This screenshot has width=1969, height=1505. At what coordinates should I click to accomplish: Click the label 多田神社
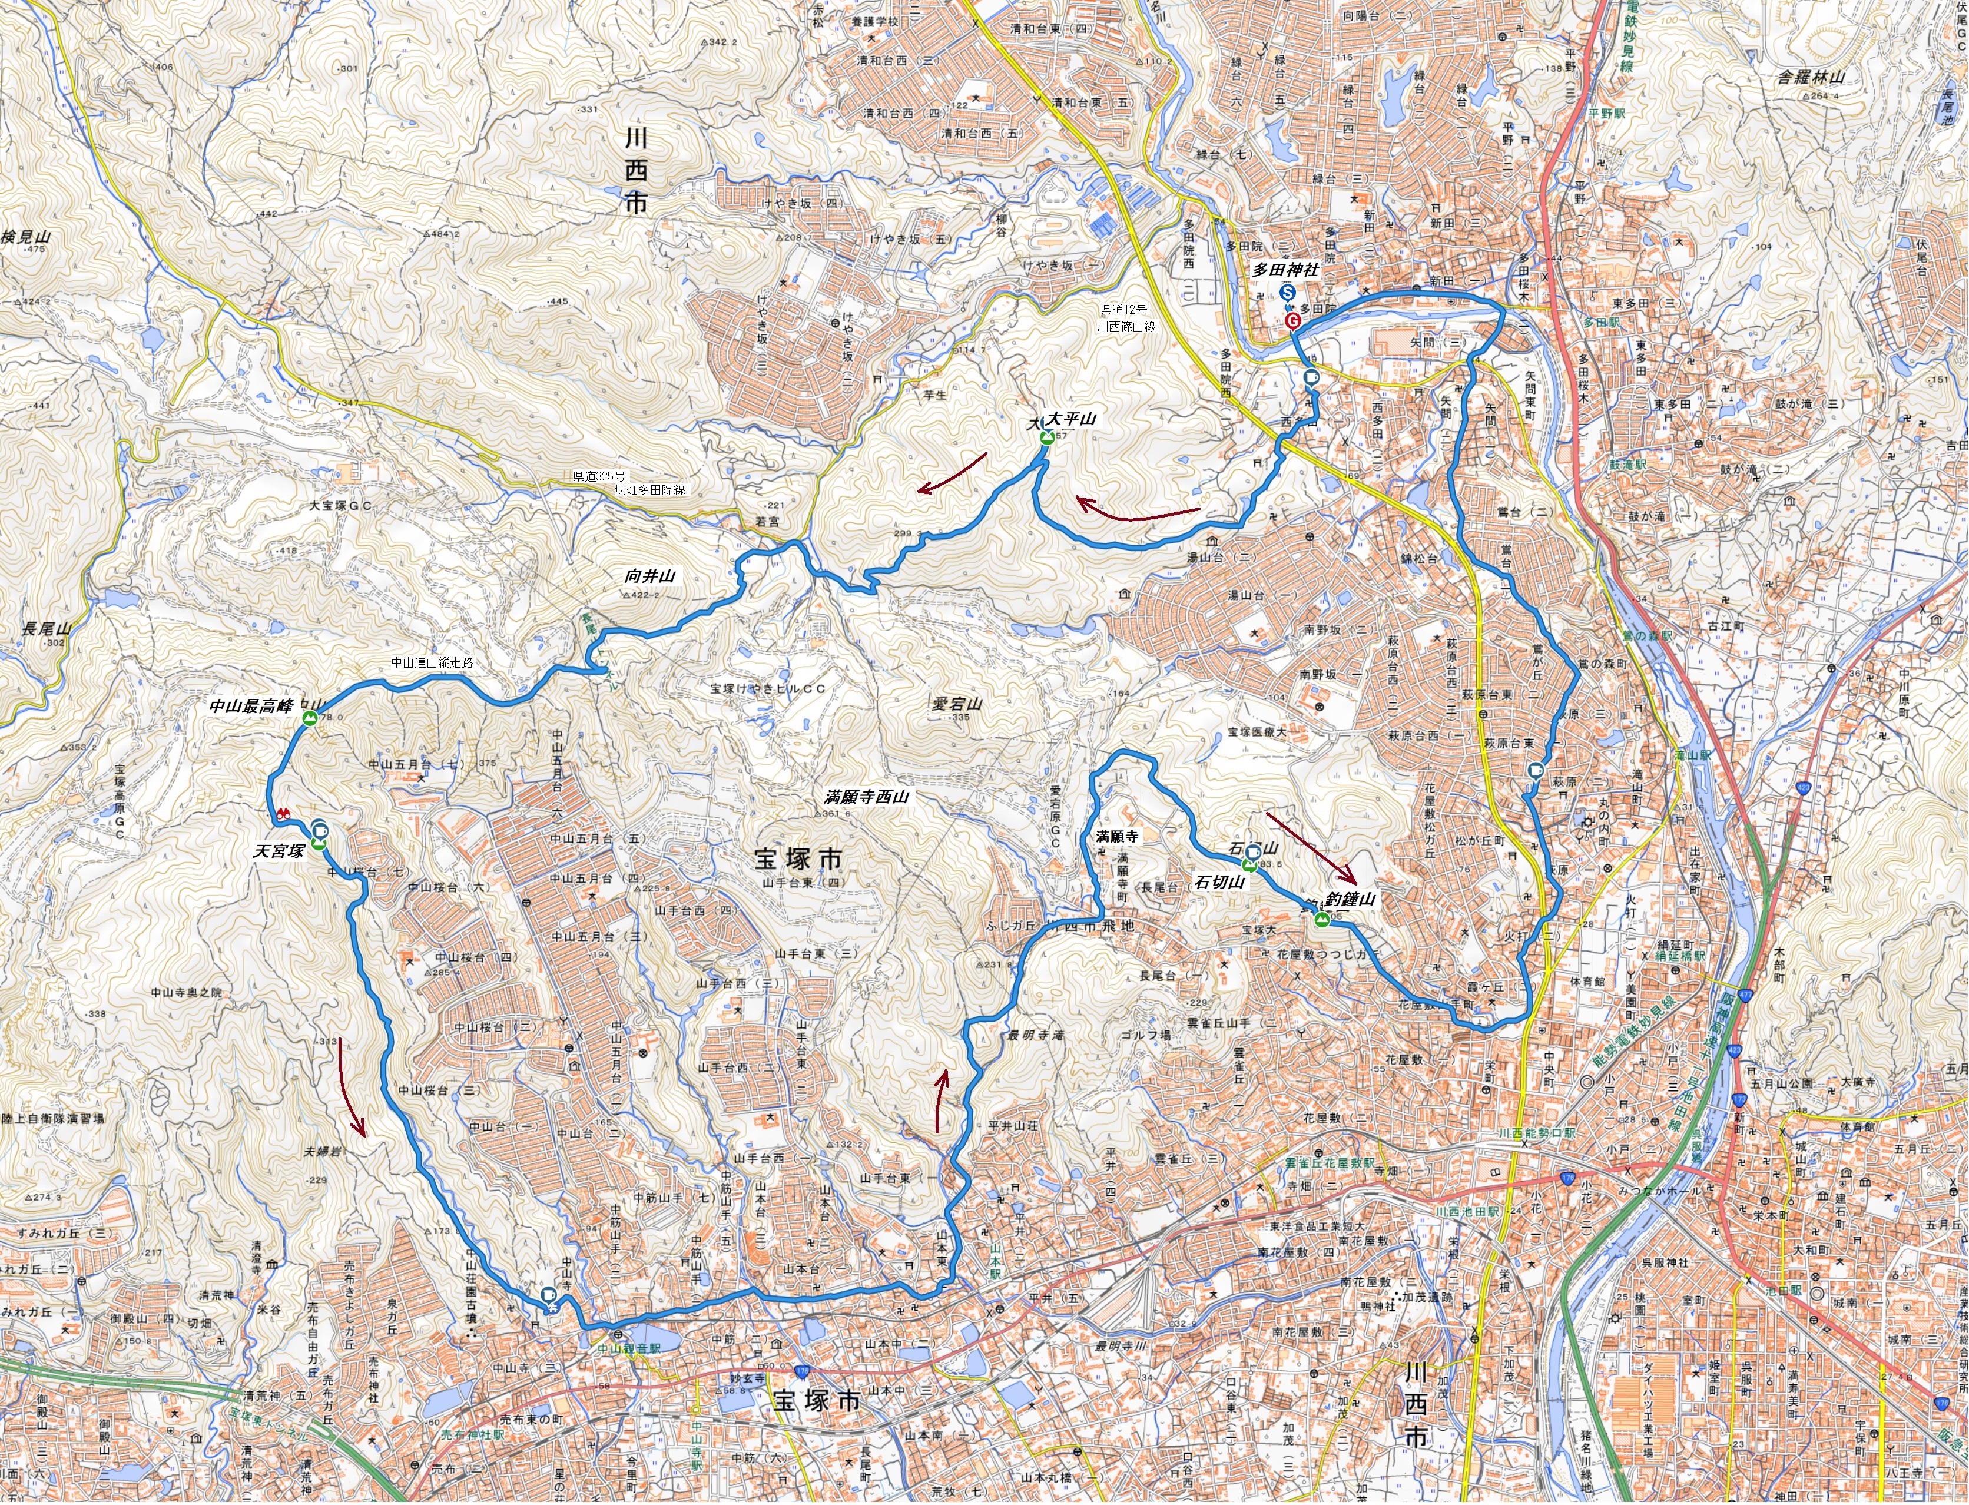pyautogui.click(x=1285, y=270)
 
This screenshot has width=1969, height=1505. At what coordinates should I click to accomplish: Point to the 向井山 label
pyautogui.click(x=649, y=576)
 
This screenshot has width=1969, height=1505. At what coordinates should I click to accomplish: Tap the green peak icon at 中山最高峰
pyautogui.click(x=310, y=720)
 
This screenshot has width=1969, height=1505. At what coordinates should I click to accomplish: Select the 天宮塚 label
pyautogui.click(x=280, y=850)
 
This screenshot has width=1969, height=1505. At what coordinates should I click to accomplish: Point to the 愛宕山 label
pyautogui.click(x=957, y=703)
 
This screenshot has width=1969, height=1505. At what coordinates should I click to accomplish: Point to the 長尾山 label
pyautogui.click(x=46, y=629)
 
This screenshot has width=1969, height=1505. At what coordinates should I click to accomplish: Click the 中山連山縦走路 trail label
pyautogui.click(x=432, y=663)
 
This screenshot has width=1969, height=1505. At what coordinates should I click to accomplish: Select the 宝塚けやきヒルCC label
pyautogui.click(x=768, y=689)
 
